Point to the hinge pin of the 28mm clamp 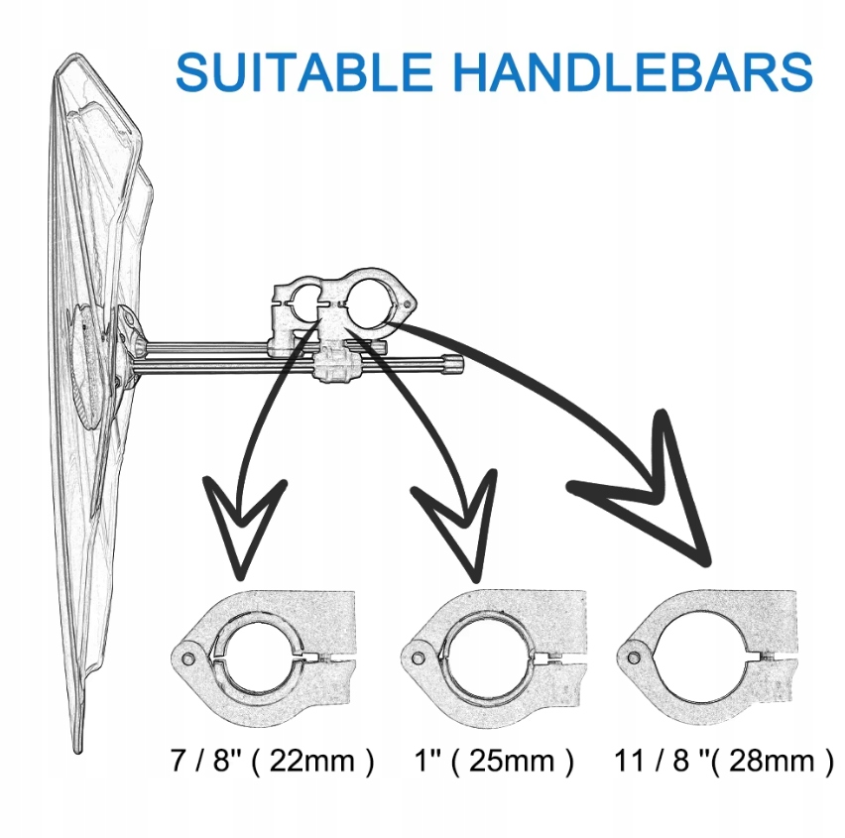tap(631, 655)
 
